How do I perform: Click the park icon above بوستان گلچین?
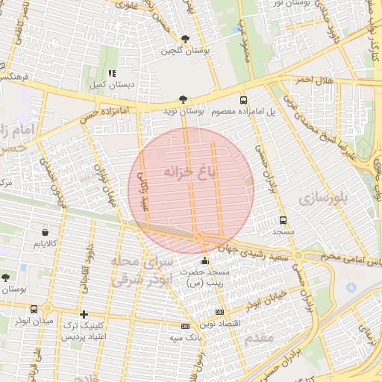[x=185, y=38]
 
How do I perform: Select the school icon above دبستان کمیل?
[x=113, y=73]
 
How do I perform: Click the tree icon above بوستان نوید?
[x=183, y=98]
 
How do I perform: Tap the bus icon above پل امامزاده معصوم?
[x=243, y=100]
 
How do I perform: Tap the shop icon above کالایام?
[x=46, y=232]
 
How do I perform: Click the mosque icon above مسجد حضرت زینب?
[x=205, y=261]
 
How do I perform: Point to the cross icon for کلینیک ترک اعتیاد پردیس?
[x=84, y=315]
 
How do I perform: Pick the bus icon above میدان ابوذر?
[x=34, y=309]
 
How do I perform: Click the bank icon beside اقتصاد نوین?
[x=219, y=312]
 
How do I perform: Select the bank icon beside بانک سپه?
[x=185, y=327]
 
